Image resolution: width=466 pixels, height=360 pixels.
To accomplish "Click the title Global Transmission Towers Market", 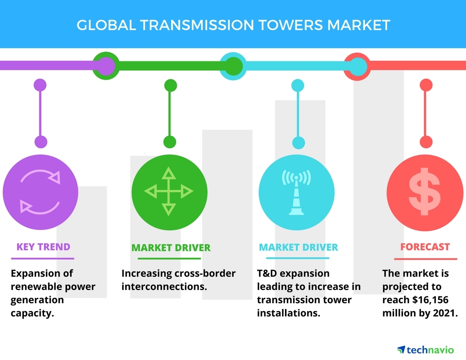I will click(233, 24).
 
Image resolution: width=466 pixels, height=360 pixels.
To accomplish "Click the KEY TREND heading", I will click(43, 247).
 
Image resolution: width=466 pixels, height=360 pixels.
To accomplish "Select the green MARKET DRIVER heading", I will click(171, 247).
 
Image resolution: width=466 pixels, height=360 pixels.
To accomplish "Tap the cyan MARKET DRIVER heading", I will click(298, 247).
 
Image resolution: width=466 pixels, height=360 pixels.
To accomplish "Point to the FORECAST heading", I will click(425, 247).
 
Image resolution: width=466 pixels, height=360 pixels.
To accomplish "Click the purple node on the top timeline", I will click(105, 66).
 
